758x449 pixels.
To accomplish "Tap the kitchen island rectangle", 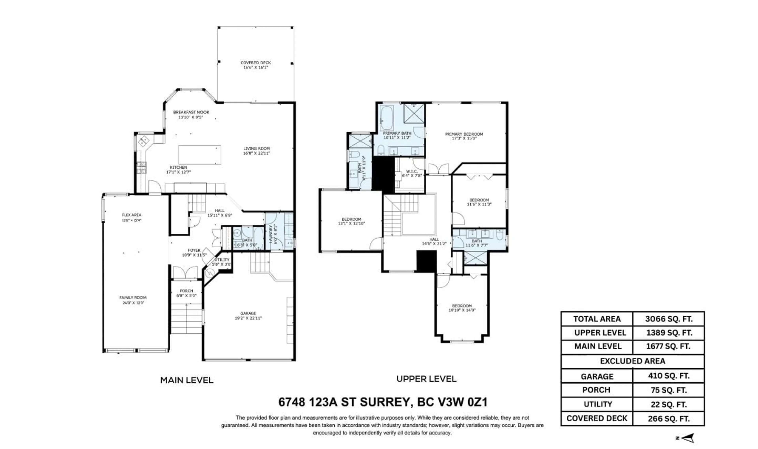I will [x=200, y=155].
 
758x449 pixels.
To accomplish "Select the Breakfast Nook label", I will [x=191, y=112].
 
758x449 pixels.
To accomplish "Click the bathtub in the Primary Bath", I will [x=387, y=118].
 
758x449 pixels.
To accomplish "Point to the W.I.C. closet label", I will [x=412, y=171].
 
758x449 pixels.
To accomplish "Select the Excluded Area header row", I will [x=632, y=361].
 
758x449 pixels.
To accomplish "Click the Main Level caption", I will [x=187, y=380].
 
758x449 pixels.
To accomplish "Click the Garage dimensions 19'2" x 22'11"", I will [x=248, y=318].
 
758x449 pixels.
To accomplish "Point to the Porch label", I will [x=186, y=291].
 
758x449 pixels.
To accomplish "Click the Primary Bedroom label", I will [x=464, y=134].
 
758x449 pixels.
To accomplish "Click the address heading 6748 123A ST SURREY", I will [x=383, y=402].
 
